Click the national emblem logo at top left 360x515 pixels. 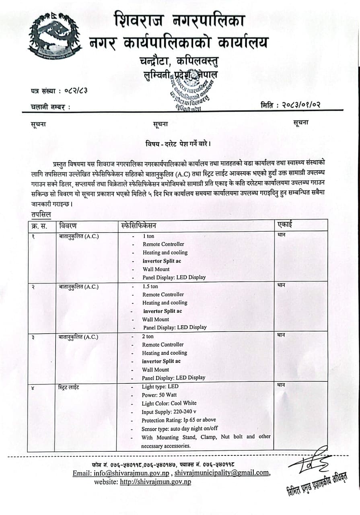55,36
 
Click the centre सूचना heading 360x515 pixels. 160,124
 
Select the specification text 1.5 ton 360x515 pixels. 150,286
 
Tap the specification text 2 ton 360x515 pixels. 148,336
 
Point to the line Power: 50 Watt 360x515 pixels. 159,395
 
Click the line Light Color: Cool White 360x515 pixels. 169,403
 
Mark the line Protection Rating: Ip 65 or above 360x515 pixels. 179,420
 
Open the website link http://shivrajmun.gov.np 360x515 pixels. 156,482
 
